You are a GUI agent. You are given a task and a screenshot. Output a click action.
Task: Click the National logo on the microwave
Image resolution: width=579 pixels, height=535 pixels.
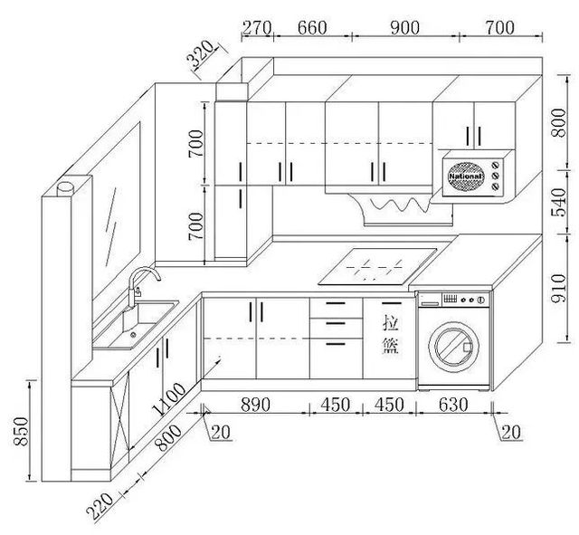pyautogui.click(x=466, y=177)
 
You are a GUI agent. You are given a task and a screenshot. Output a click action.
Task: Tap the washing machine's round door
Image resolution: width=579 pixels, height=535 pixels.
pyautogui.click(x=454, y=347)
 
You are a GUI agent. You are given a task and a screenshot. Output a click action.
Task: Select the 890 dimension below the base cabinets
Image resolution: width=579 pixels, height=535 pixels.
pyautogui.click(x=255, y=405)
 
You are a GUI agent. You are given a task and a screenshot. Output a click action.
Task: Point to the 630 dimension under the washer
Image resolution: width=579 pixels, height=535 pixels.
pyautogui.click(x=453, y=405)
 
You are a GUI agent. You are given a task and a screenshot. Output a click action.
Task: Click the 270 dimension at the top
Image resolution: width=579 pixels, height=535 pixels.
pyautogui.click(x=257, y=28)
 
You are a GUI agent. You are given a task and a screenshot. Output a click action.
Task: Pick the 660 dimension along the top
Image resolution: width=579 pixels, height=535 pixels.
pyautogui.click(x=312, y=28)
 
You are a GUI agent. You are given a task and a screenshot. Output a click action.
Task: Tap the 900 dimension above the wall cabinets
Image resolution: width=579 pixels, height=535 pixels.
pyautogui.click(x=404, y=28)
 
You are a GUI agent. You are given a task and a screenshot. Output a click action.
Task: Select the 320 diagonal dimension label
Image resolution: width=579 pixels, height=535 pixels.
pyautogui.click(x=200, y=54)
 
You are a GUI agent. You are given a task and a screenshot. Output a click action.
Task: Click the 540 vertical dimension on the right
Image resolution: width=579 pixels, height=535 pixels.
pyautogui.click(x=558, y=202)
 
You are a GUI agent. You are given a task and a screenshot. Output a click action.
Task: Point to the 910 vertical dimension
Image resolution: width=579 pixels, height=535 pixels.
pyautogui.click(x=558, y=288)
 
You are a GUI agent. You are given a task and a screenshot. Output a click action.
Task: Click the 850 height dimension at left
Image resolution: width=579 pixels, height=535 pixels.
pyautogui.click(x=21, y=431)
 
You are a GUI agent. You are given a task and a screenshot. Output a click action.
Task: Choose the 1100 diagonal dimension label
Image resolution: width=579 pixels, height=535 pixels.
pyautogui.click(x=169, y=399)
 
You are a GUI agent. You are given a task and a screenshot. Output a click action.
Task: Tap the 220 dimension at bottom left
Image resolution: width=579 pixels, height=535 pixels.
pyautogui.click(x=100, y=506)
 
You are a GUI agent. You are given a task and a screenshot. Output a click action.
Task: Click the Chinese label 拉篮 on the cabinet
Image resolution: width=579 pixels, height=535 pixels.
pyautogui.click(x=390, y=334)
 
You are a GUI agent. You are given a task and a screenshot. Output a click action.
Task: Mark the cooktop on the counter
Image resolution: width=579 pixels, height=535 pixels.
pyautogui.click(x=377, y=267)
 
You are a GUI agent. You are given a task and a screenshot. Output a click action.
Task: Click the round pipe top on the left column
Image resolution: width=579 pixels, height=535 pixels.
pyautogui.click(x=65, y=186)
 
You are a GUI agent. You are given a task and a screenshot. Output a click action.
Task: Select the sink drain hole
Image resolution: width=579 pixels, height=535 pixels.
pyautogui.click(x=133, y=335)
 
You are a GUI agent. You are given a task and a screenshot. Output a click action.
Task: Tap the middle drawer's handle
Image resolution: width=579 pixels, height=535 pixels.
pyautogui.click(x=336, y=324)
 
